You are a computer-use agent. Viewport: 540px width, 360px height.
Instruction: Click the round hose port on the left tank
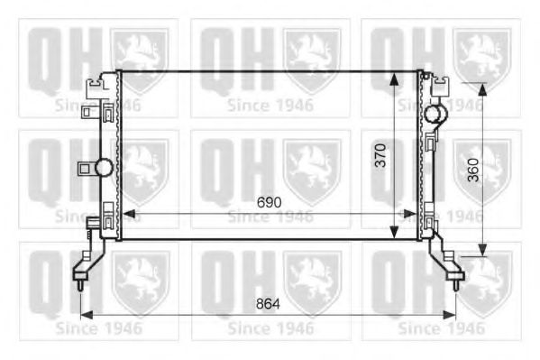(104, 167)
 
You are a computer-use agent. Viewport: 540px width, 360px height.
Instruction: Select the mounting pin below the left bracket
(81, 283)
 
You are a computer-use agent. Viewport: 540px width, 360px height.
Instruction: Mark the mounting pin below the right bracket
(458, 283)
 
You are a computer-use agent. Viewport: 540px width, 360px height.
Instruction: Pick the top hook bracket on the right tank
(441, 86)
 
